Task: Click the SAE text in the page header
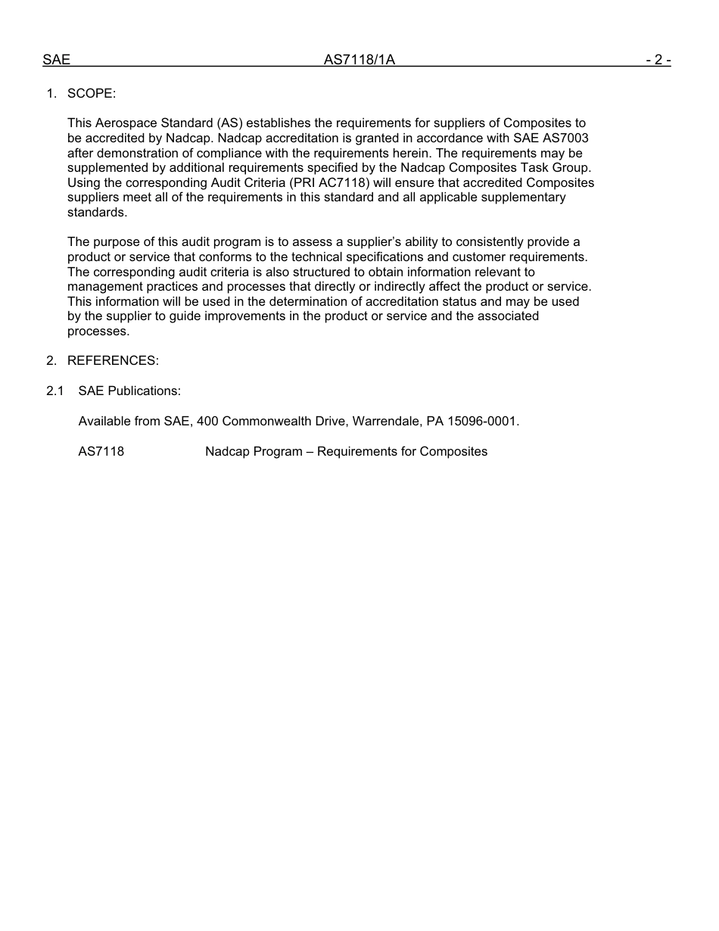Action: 56,60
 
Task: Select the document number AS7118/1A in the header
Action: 359,60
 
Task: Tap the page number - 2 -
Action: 658,60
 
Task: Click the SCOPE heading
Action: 92,94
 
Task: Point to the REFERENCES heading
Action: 113,361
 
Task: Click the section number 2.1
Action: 54,391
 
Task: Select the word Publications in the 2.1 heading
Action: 144,391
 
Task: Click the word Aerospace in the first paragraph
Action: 127,123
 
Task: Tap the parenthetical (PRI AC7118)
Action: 325,183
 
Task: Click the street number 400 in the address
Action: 207,422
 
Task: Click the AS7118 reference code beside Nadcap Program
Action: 101,452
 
